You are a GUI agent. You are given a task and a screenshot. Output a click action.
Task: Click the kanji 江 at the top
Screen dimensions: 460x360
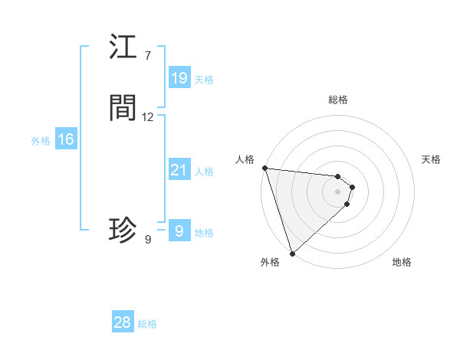coord(123,47)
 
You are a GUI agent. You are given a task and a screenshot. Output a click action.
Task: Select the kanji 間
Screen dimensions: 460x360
coord(123,108)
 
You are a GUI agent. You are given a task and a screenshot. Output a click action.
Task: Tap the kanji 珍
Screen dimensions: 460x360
coord(123,230)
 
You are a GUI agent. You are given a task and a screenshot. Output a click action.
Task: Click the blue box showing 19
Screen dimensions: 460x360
coord(179,78)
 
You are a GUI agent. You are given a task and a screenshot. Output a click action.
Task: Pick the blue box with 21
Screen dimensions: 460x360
coord(179,170)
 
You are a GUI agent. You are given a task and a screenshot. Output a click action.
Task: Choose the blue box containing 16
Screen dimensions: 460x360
coord(66,139)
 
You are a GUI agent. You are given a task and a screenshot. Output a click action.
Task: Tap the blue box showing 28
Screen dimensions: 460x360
coord(123,322)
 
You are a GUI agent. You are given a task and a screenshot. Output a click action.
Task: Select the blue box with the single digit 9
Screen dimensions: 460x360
coord(179,231)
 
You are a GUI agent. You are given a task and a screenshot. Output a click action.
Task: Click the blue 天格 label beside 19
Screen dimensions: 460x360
coord(204,80)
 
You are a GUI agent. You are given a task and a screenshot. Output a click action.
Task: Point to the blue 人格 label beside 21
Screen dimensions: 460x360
coord(204,172)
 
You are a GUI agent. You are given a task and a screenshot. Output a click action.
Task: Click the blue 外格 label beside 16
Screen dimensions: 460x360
coord(41,141)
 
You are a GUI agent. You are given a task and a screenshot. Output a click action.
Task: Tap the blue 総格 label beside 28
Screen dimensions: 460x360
coord(147,324)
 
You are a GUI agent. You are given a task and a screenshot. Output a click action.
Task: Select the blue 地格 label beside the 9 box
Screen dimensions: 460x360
coord(204,233)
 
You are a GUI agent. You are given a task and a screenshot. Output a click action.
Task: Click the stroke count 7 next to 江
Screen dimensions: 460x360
coord(148,56)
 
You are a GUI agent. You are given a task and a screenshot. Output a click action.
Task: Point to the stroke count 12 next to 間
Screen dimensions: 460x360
coord(148,117)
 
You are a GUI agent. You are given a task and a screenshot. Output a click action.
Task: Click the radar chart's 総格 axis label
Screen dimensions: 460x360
coord(338,100)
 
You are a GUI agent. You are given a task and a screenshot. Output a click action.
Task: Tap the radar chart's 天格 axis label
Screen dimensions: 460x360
coord(431,159)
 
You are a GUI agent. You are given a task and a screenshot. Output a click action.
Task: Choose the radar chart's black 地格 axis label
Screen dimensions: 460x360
coord(402,262)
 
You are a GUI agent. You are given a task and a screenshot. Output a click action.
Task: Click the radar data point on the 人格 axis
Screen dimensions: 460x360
coord(264,168)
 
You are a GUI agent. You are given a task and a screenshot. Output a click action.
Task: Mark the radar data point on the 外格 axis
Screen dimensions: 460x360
coord(292,253)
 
